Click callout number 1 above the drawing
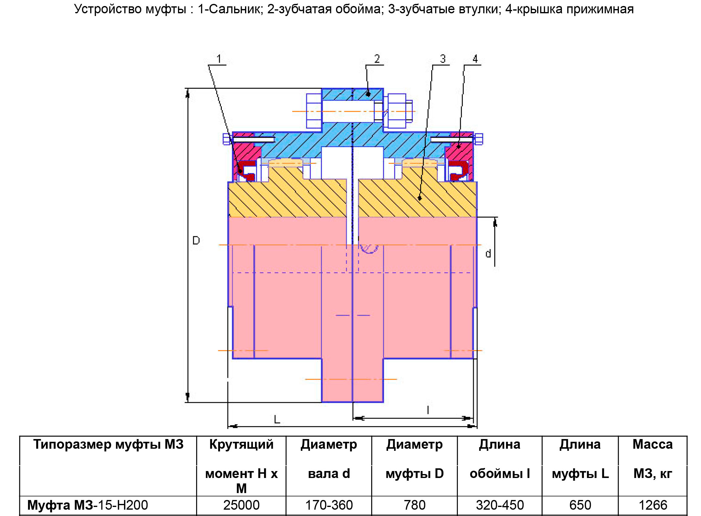point(219,59)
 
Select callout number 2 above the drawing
point(377,59)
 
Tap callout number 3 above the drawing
point(443,59)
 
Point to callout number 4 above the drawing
point(475,59)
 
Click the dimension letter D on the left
point(196,240)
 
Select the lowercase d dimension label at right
point(488,254)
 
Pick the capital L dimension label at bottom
point(277,419)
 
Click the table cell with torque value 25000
point(241,505)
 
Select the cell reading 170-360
point(329,505)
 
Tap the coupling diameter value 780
point(415,505)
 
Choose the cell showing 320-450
point(499,505)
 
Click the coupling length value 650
point(580,505)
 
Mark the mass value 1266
point(653,505)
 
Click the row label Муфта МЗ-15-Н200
point(88,505)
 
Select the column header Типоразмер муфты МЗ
point(108,444)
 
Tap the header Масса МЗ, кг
point(653,459)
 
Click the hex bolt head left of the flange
point(314,111)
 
